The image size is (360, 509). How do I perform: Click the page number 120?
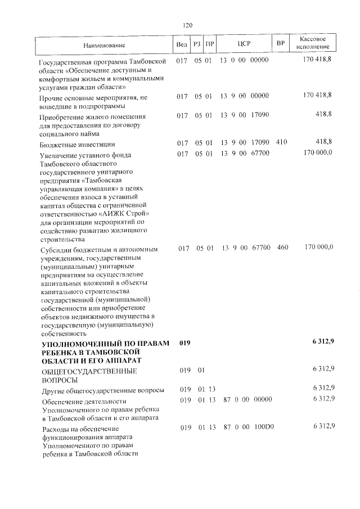pos(187,25)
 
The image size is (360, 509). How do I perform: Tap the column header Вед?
pos(181,44)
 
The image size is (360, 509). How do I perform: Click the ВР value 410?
pos(282,142)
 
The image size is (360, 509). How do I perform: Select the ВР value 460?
pos(282,247)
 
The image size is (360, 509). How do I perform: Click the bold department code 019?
pos(185,343)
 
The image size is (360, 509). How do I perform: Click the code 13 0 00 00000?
pos(245,60)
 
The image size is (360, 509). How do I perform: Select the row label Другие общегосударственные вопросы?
pos(103,390)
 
